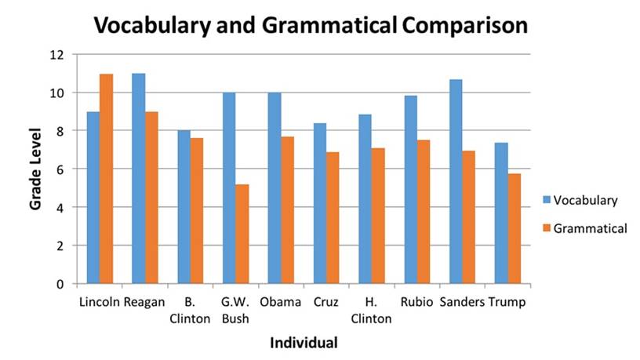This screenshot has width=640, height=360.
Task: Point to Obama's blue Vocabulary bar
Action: click(x=275, y=188)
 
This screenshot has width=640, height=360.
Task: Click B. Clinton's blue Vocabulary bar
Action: click(x=184, y=207)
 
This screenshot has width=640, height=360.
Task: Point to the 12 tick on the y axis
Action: click(x=57, y=55)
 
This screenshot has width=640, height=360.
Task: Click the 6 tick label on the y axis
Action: click(x=60, y=169)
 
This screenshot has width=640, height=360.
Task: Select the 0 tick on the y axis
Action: click(x=60, y=284)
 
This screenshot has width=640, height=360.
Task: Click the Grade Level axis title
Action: click(x=36, y=169)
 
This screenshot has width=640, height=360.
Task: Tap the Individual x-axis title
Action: click(x=304, y=343)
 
